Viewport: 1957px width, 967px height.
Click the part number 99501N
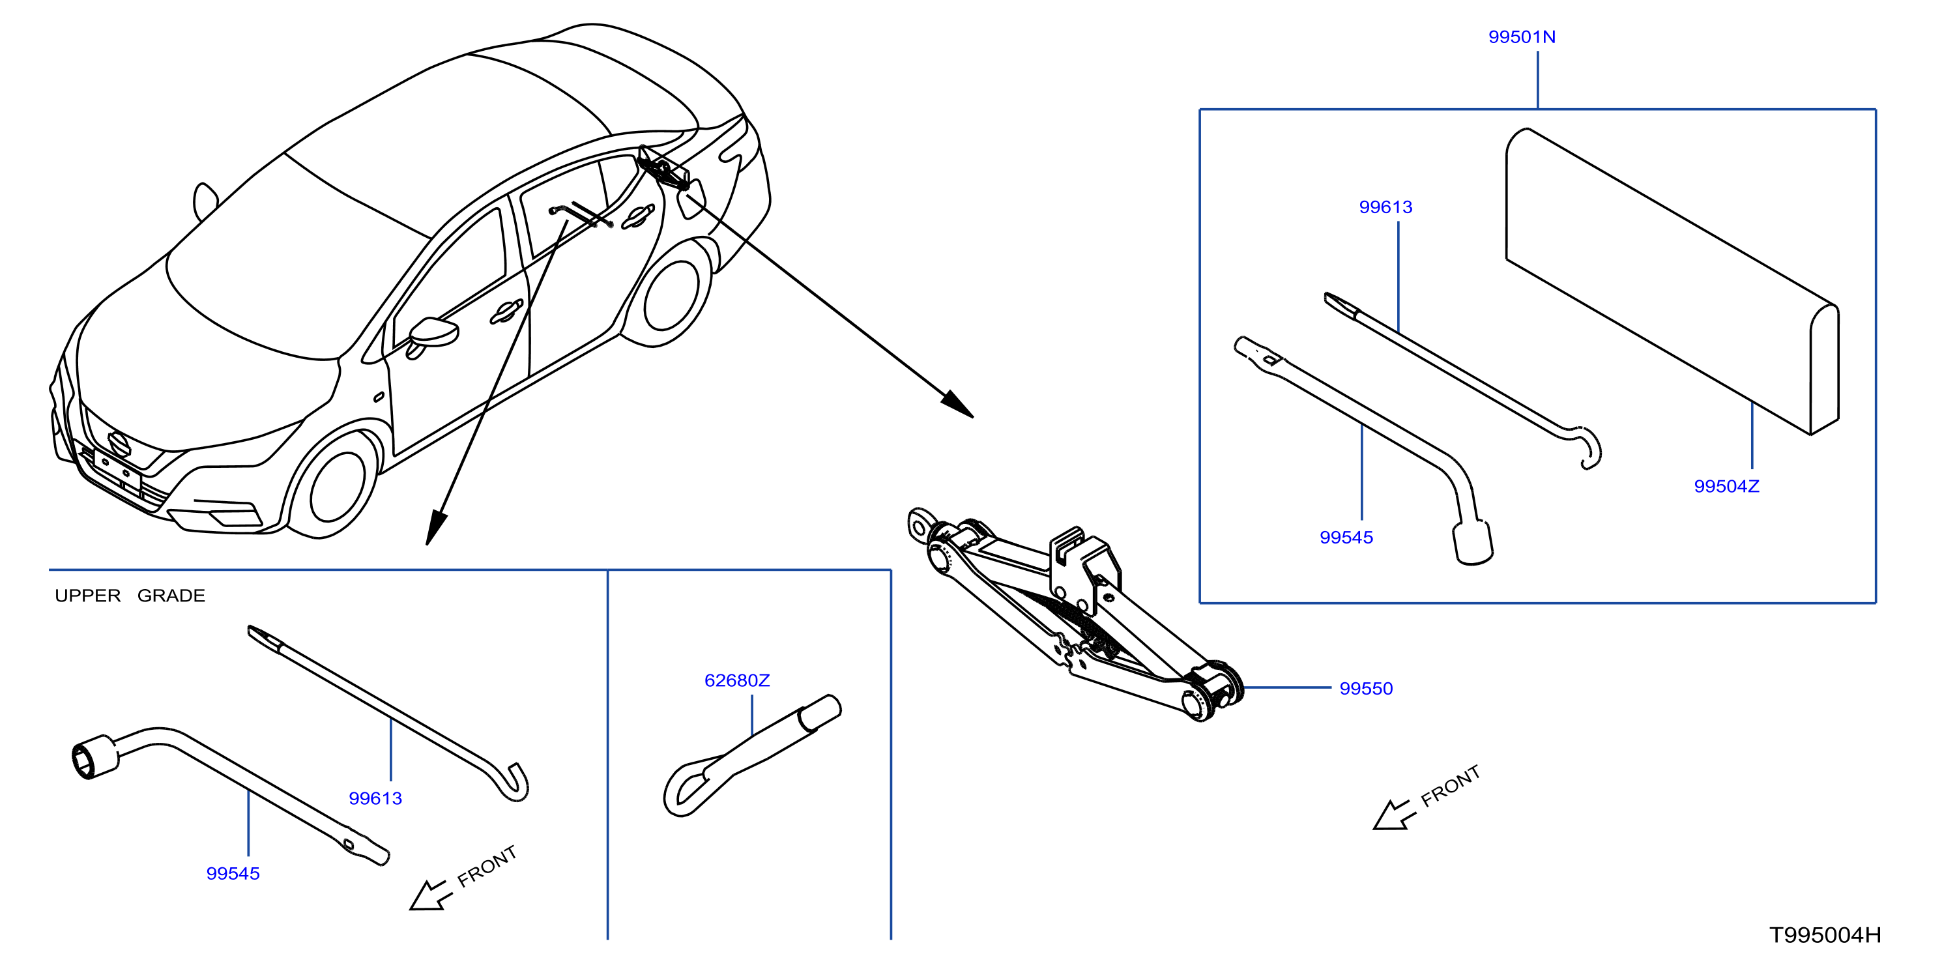pyautogui.click(x=1521, y=36)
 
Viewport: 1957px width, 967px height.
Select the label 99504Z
pyautogui.click(x=1726, y=486)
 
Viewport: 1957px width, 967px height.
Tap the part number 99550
pyautogui.click(x=1365, y=688)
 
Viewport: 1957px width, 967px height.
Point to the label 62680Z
pyautogui.click(x=737, y=680)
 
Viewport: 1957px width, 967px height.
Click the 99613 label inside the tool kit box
pyautogui.click(x=1385, y=207)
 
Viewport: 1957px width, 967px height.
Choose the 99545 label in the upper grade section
pyautogui.click(x=233, y=874)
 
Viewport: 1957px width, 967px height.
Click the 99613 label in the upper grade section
pyautogui.click(x=375, y=798)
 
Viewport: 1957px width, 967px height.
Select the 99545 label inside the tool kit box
pyautogui.click(x=1346, y=537)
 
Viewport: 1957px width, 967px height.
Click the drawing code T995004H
pyautogui.click(x=1825, y=935)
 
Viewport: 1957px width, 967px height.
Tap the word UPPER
pyautogui.click(x=87, y=596)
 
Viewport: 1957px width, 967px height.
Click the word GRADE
pyautogui.click(x=171, y=596)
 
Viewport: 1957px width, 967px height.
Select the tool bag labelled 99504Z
pyautogui.click(x=1672, y=281)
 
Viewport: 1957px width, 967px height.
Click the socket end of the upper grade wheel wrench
pyautogui.click(x=94, y=757)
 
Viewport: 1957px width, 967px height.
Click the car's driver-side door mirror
pyautogui.click(x=433, y=334)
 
